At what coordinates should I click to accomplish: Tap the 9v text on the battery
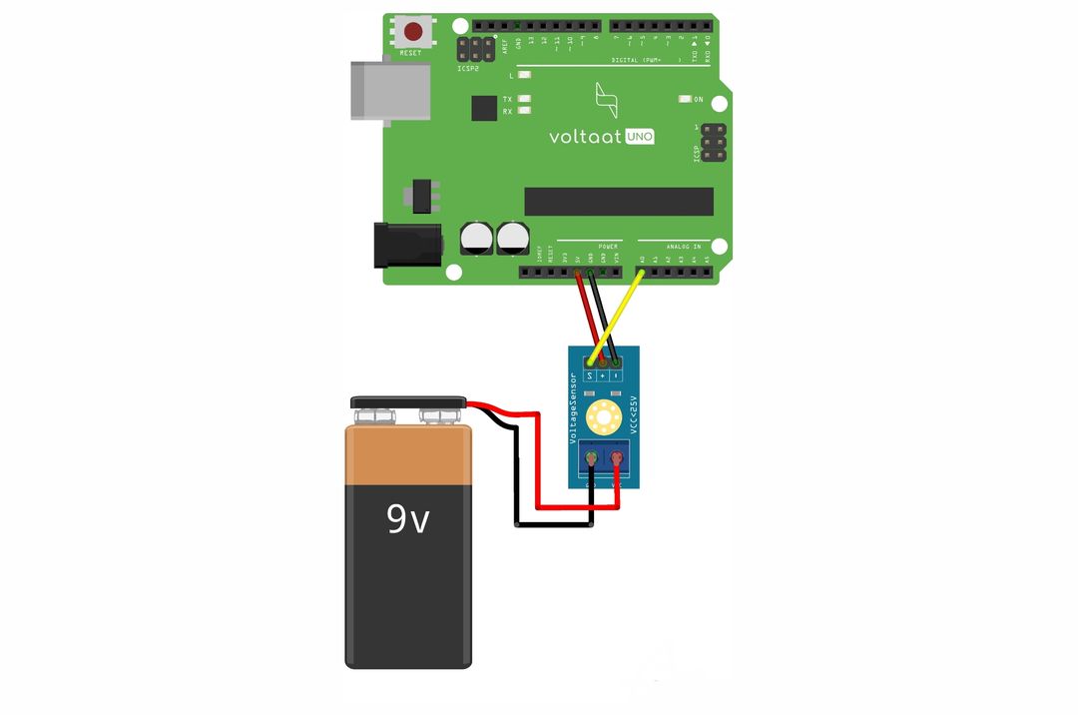tap(408, 518)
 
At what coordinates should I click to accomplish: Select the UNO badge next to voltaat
tap(640, 137)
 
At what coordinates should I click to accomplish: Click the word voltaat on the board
tap(585, 137)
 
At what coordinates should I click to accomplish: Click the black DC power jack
tap(406, 245)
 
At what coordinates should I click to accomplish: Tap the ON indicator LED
tap(685, 99)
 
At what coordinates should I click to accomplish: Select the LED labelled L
tap(524, 75)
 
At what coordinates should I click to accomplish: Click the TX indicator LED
tap(524, 99)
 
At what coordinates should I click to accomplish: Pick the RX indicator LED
tap(524, 111)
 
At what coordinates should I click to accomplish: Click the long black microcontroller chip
tap(619, 201)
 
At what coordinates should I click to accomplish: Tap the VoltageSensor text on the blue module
tap(573, 409)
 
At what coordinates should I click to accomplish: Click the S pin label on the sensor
tap(590, 374)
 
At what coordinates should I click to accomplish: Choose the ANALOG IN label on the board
tap(684, 246)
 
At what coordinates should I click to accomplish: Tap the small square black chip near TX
tap(484, 108)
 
